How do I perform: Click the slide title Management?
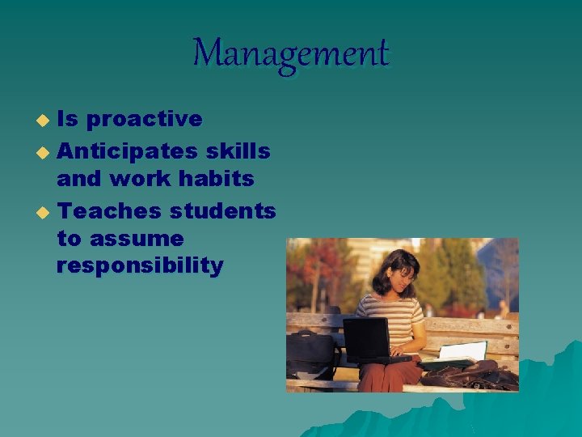tap(291, 54)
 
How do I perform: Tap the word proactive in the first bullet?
tap(144, 119)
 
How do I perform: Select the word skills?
tap(238, 150)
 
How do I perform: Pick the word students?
tap(222, 211)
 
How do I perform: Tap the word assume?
tap(137, 239)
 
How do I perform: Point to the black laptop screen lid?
tap(366, 338)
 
